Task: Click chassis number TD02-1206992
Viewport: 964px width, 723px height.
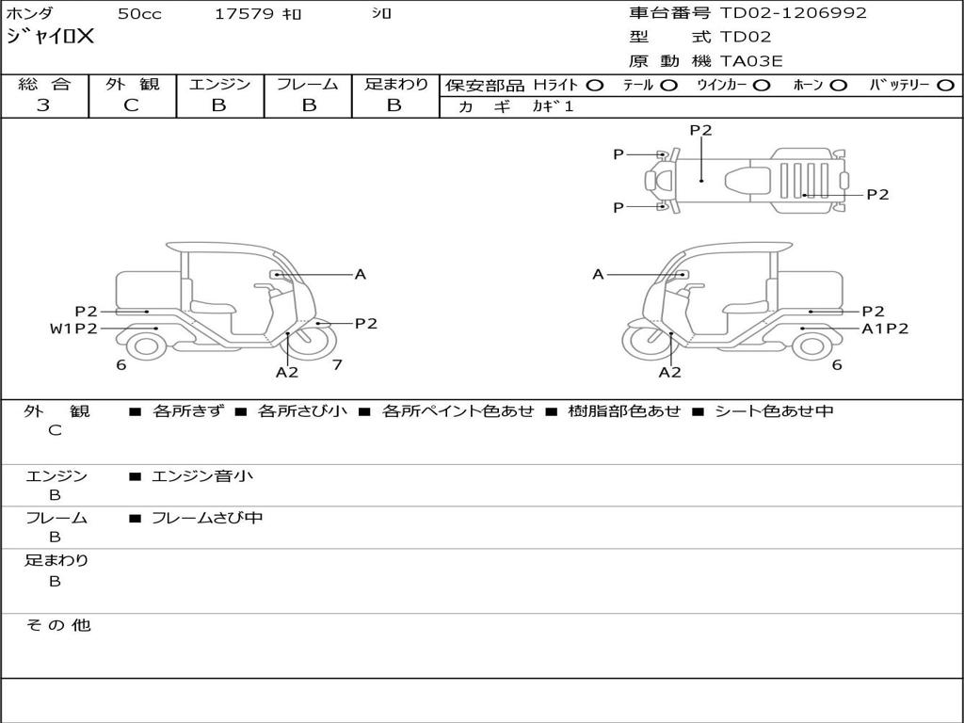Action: pos(793,12)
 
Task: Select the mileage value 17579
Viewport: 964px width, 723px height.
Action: pos(244,13)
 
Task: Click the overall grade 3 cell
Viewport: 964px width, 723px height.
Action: pos(43,105)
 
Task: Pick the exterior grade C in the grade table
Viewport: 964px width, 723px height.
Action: pos(131,105)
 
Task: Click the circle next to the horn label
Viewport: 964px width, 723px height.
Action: pos(838,86)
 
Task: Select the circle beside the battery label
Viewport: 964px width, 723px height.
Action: pos(946,86)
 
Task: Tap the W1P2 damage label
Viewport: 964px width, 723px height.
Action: pos(73,329)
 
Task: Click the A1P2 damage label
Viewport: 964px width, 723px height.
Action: pos(885,329)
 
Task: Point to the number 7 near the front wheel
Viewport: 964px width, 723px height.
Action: pos(337,364)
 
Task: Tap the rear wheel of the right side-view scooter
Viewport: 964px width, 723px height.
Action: pos(812,346)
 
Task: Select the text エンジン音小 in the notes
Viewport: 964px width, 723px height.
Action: pos(201,475)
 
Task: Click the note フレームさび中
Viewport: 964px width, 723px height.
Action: pos(207,518)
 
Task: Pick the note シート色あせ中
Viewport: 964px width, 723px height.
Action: pos(774,410)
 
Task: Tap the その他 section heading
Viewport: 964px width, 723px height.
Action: pos(57,625)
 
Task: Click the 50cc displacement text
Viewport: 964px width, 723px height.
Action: pos(139,13)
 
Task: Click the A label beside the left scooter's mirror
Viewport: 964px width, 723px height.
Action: pos(361,274)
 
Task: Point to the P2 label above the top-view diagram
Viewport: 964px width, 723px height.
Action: pos(700,130)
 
